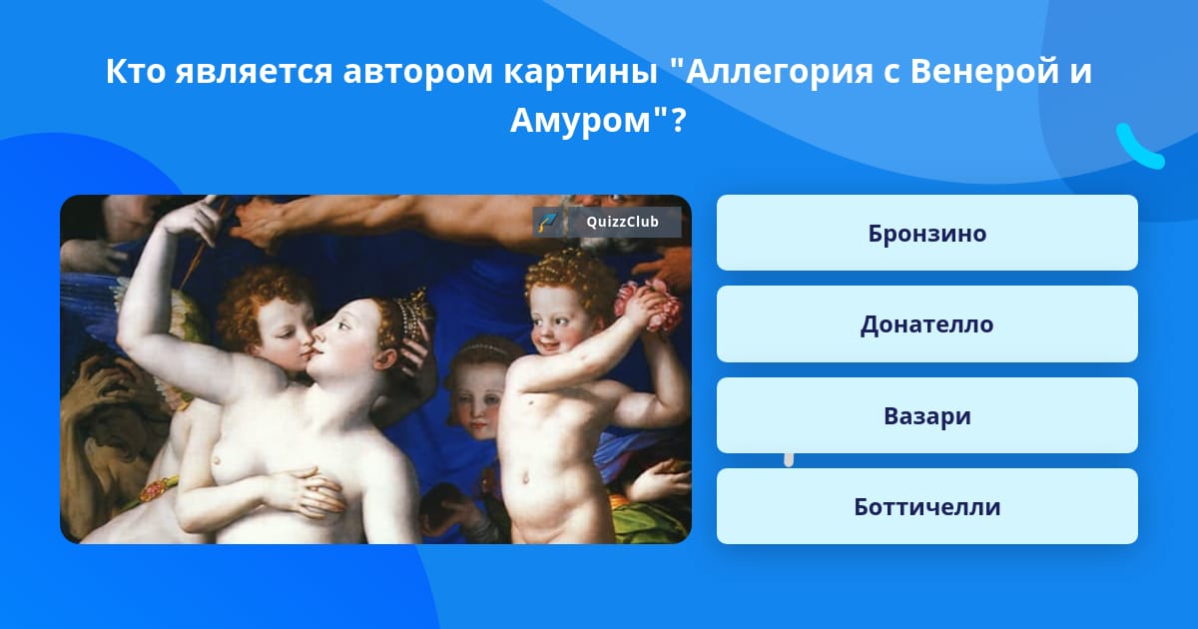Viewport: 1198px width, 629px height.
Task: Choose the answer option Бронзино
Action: tap(926, 233)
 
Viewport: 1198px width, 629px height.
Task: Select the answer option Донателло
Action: tap(926, 324)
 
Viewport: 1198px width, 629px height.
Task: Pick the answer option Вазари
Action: tap(926, 415)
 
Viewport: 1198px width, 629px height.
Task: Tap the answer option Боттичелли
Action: tap(926, 506)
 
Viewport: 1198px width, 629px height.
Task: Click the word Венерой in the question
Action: tap(984, 71)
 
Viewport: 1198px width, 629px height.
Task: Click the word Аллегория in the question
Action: tap(780, 72)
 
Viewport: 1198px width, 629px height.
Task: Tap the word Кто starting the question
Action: tap(136, 71)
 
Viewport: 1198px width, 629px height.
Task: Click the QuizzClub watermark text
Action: tap(622, 222)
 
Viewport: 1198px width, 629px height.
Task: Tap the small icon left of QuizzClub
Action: tap(548, 222)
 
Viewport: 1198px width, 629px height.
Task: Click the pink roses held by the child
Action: tap(648, 306)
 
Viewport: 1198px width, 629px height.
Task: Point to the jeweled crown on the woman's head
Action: tap(410, 314)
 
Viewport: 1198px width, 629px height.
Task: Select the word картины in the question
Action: tap(580, 72)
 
